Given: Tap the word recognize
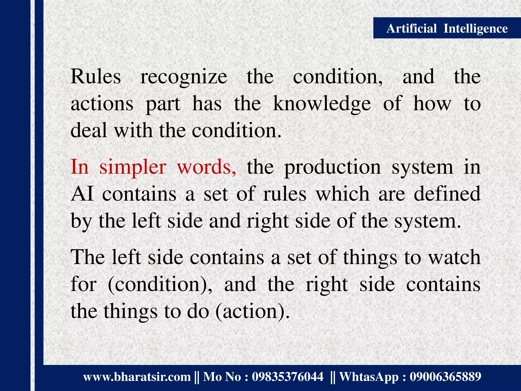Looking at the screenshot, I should [x=184, y=77].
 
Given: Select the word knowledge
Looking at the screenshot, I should [x=322, y=104].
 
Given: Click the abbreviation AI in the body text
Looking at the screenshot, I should [x=82, y=194].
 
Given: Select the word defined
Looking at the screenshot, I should [x=447, y=194].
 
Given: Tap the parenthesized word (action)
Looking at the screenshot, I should [x=252, y=312].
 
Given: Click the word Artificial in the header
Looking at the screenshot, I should [x=411, y=28].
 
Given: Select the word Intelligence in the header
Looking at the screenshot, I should [x=475, y=29].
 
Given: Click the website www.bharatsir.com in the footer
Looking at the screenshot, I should [x=137, y=377].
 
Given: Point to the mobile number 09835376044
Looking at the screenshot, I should [x=287, y=377].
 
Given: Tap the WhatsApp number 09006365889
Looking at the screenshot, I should [x=445, y=377].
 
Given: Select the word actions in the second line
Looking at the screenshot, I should [x=102, y=104].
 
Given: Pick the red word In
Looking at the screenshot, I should [x=80, y=167].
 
